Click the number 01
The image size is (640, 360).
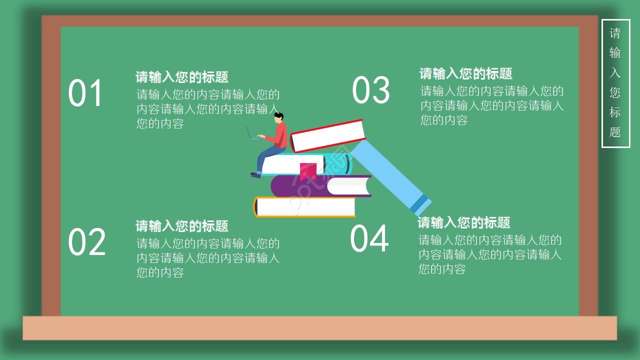[x=85, y=93]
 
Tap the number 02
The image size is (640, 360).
[x=86, y=242]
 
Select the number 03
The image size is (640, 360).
[x=370, y=90]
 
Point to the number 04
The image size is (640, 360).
[x=369, y=238]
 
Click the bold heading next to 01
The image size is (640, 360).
[x=182, y=77]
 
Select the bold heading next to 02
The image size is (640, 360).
[x=182, y=226]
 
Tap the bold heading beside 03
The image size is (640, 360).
[x=465, y=73]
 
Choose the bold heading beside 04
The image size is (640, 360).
[x=463, y=222]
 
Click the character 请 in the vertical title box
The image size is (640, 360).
[x=615, y=33]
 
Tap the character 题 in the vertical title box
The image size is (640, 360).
[x=615, y=132]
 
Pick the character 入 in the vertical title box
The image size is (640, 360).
[x=615, y=73]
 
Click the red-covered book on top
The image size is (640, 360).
[x=328, y=135]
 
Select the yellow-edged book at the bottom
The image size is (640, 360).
[x=305, y=207]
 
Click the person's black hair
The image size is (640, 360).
[x=279, y=116]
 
